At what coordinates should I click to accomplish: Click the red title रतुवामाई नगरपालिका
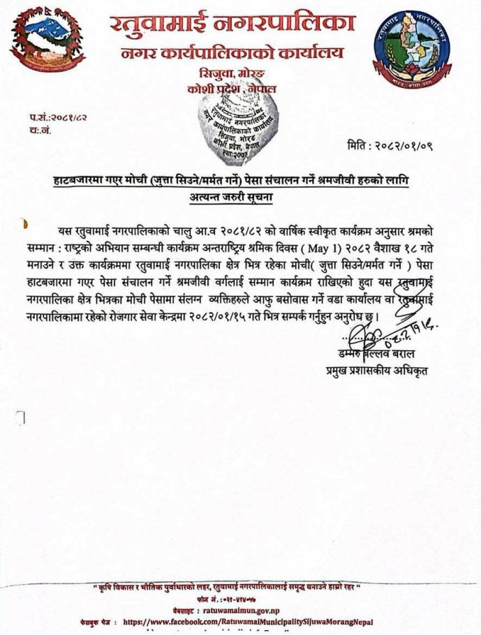pyautogui.click(x=231, y=22)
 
